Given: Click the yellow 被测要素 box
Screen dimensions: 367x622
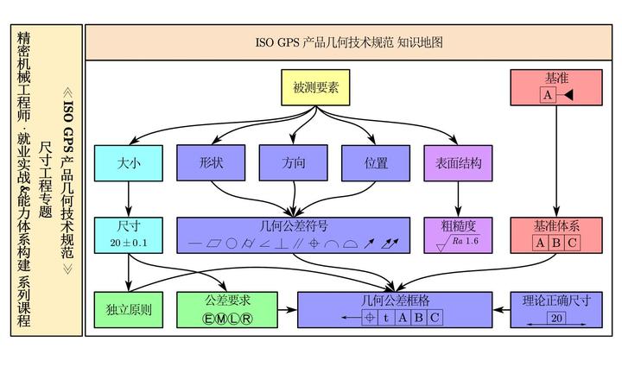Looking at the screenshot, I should click(x=315, y=88).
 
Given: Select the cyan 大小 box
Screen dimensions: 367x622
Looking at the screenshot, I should click(x=128, y=162).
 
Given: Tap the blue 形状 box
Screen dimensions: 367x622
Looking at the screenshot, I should click(x=211, y=162).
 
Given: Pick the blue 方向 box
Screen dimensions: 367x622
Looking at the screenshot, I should click(x=293, y=162).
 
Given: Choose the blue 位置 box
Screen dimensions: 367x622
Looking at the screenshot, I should click(x=376, y=162).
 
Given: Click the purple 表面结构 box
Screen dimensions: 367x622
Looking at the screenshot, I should click(x=458, y=162).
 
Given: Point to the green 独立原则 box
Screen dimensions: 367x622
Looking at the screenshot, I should click(x=128, y=309).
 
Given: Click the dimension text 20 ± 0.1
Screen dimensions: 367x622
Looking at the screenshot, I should click(x=129, y=244).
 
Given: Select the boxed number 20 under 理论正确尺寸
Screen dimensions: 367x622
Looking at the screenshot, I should click(x=556, y=318).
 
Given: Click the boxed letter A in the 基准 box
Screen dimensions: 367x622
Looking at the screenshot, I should click(x=548, y=95).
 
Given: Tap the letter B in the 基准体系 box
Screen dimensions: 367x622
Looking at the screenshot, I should click(x=556, y=243).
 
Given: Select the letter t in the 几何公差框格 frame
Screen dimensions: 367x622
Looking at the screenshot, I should click(x=385, y=318).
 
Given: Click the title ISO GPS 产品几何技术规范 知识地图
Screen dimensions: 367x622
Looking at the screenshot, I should click(x=350, y=42).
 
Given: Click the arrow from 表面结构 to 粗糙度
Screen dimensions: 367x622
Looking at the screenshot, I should click(x=458, y=199).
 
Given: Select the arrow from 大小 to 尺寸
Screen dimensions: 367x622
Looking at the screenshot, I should click(x=128, y=199).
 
